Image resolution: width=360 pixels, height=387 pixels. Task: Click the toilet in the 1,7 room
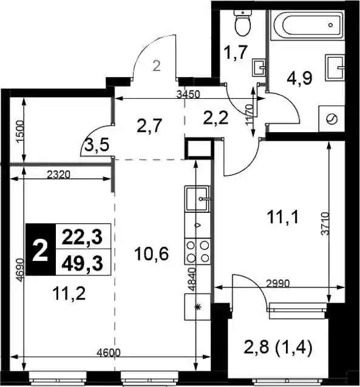click(243, 23)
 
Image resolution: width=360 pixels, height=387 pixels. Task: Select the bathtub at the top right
click(307, 25)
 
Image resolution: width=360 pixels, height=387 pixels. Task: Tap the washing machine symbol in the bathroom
click(331, 119)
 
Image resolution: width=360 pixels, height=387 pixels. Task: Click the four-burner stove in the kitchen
click(197, 251)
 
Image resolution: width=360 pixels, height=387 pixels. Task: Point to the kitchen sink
click(197, 199)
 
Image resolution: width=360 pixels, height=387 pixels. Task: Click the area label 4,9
click(299, 78)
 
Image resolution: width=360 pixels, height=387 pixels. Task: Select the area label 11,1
click(283, 217)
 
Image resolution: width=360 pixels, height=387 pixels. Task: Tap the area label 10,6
click(151, 254)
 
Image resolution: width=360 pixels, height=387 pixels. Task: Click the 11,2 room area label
click(69, 294)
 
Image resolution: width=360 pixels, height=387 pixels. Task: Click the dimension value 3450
click(188, 94)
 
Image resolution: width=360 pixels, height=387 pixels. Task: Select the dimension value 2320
click(58, 175)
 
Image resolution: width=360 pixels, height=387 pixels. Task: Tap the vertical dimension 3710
click(326, 224)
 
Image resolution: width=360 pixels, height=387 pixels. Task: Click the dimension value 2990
click(277, 284)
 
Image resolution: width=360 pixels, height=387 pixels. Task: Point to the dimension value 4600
click(109, 352)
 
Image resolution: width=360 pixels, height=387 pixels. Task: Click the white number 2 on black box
click(40, 251)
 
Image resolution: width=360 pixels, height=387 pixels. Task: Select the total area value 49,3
click(82, 264)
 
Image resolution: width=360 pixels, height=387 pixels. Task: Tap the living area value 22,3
click(82, 237)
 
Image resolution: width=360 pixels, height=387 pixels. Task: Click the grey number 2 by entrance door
click(157, 66)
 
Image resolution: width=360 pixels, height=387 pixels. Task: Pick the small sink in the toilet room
click(259, 67)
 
